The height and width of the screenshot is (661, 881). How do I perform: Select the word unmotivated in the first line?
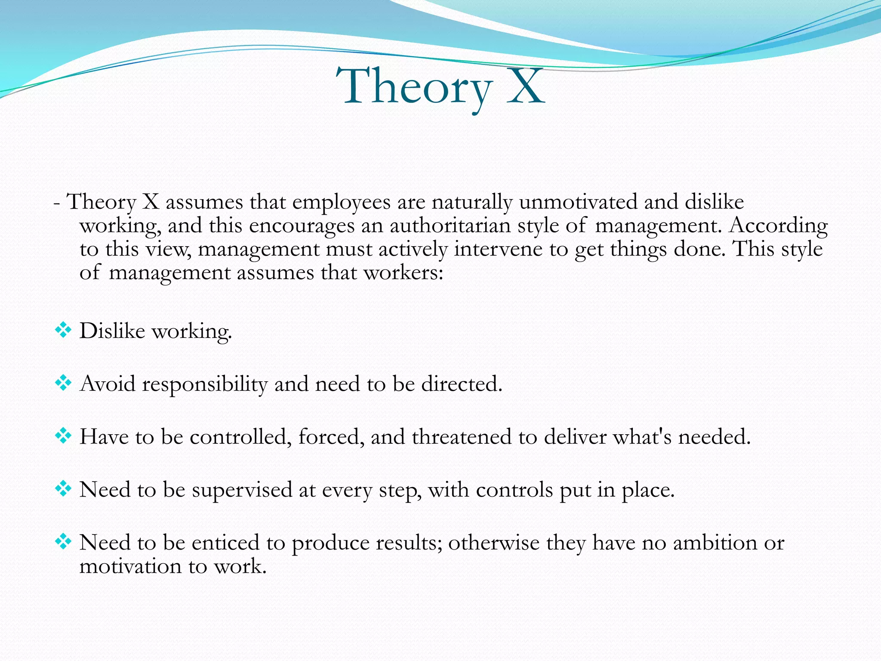tap(578, 202)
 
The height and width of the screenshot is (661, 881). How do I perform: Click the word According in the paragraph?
tap(778, 225)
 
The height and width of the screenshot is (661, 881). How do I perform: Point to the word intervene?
tap(498, 249)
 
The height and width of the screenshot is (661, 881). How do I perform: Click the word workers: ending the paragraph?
tap(404, 273)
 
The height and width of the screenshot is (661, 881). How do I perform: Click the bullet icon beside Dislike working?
tap(63, 330)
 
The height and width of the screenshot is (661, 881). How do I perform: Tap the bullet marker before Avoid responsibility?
tap(63, 383)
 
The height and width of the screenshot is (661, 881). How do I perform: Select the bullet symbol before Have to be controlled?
tap(63, 436)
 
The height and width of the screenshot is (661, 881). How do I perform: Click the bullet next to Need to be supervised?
tap(63, 489)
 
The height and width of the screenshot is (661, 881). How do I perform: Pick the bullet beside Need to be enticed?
tap(63, 542)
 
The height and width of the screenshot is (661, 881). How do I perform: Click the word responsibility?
tap(205, 384)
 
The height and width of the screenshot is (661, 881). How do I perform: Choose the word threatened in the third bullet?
tap(462, 437)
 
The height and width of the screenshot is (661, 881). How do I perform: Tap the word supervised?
tap(242, 490)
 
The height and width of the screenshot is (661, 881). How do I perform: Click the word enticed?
tap(225, 543)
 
